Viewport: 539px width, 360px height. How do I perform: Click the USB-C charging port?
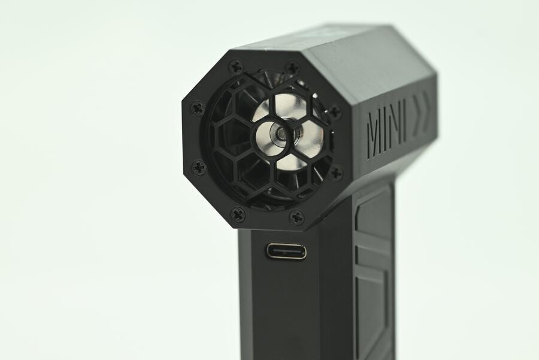(x=286, y=250)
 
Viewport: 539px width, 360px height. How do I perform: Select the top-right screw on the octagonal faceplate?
(x=293, y=66)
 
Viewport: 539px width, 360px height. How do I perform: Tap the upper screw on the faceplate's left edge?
(x=198, y=108)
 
